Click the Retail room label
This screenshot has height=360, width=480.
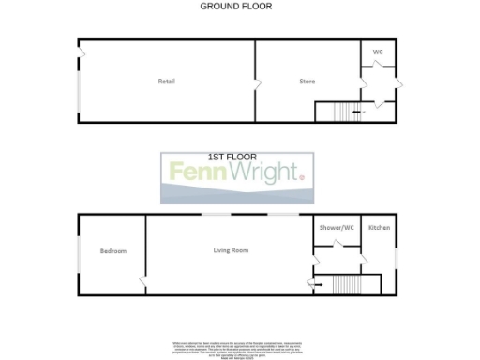coord(167,82)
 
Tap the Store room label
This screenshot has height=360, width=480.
coord(307,82)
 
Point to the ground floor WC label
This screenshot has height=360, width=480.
coord(378,52)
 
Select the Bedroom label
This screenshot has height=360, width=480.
coord(113,251)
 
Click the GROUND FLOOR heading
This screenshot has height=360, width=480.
coord(236,6)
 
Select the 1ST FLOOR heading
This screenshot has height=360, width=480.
coord(232,157)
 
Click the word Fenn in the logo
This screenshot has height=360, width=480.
coord(200,172)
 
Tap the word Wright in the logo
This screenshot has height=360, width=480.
coord(263,173)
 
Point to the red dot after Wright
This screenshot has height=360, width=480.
coord(302,177)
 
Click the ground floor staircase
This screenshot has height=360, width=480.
coord(337,112)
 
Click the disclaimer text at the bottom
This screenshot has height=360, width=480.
coord(238,350)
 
